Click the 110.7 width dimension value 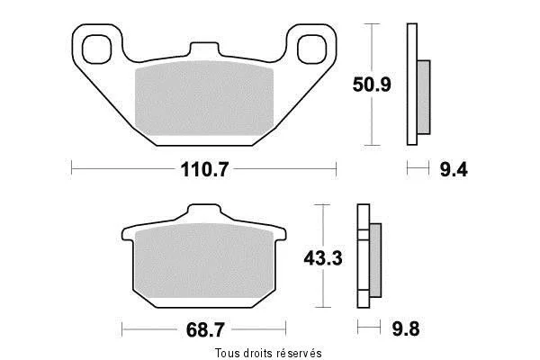204,169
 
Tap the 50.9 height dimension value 372,85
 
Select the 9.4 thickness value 454,170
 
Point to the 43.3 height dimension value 323,258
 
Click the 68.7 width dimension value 205,330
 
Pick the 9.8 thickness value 406,329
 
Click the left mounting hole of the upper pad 97,49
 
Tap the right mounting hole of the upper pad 311,49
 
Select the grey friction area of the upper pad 204,98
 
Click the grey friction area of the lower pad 204,260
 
